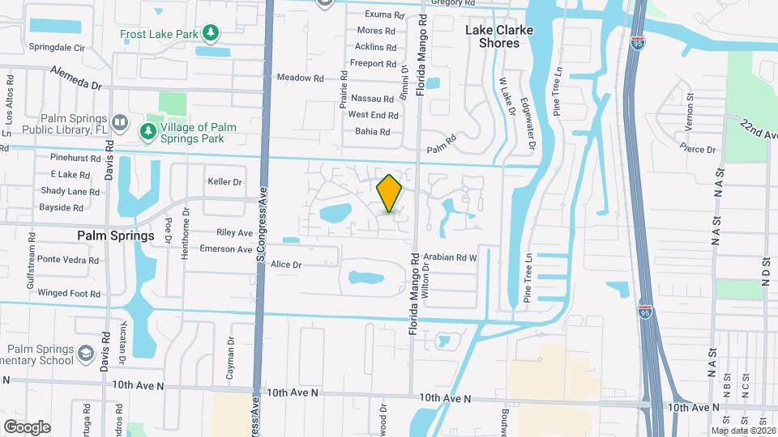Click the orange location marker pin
tap(390, 193)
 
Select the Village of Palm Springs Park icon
tap(147, 131)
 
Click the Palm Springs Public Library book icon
tap(120, 123)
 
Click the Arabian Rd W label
tap(451, 257)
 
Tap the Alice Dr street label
tap(285, 265)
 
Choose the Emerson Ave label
tap(226, 249)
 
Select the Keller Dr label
tap(224, 182)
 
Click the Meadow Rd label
tap(300, 78)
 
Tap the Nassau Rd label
tap(372, 99)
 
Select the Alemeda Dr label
tap(75, 78)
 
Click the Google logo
tap(27, 427)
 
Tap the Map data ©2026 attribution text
tap(743, 430)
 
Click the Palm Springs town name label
tap(116, 236)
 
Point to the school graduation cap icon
tap(85, 354)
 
